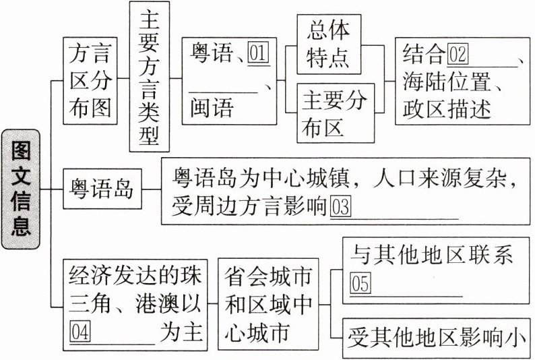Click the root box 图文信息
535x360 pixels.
point(21,191)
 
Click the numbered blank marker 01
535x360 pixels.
point(258,53)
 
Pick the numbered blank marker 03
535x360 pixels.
point(341,206)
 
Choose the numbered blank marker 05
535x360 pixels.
point(360,284)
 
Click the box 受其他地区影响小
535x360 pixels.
point(437,335)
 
